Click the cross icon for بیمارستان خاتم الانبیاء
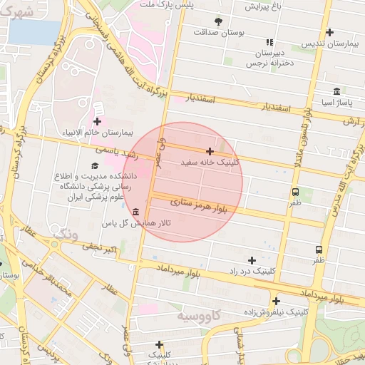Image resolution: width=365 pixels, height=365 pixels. pyautogui.click(x=97, y=121)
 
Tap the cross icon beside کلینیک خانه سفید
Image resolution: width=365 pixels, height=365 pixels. pyautogui.click(x=210, y=151)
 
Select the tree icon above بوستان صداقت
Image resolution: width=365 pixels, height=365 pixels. pyautogui.click(x=218, y=21)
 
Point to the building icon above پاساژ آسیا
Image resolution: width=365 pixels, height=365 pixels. pyautogui.click(x=336, y=91)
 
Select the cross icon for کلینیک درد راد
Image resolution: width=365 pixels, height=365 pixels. pyautogui.click(x=252, y=260)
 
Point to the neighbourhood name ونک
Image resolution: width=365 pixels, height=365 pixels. pyautogui.click(x=66, y=233)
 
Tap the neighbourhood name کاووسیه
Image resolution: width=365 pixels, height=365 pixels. pyautogui.click(x=197, y=314)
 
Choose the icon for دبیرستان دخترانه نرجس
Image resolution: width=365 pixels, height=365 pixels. pyautogui.click(x=269, y=42)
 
